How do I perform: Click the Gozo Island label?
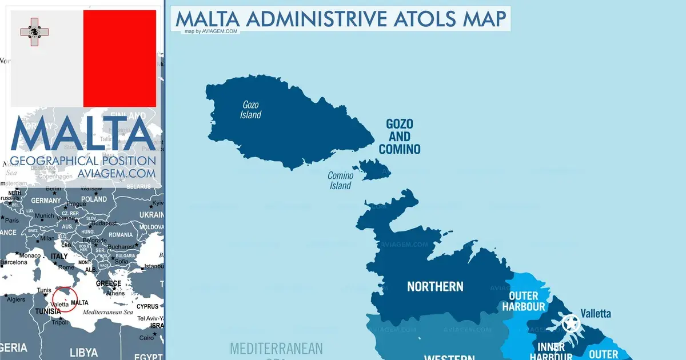point(250,110)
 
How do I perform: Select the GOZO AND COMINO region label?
point(400,137)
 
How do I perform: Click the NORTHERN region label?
point(435,286)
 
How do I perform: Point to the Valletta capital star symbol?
point(569,324)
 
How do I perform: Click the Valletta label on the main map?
point(596,313)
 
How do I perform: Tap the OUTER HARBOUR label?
point(524,301)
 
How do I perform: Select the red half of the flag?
point(119,58)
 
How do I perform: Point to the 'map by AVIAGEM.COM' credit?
point(211,31)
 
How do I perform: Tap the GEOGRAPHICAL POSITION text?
point(83,161)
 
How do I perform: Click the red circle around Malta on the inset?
point(64,299)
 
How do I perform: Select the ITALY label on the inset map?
point(59,257)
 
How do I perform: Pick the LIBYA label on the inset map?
point(83,351)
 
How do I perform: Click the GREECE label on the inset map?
point(108,283)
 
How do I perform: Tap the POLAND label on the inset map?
point(94,199)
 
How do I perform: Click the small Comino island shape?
point(372,170)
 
